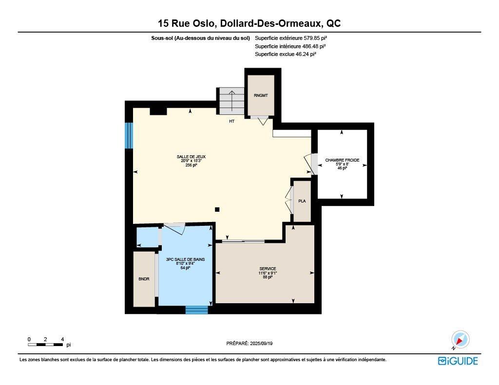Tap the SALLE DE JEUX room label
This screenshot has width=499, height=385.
click(191, 157)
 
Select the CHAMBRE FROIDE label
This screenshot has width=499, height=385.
click(342, 160)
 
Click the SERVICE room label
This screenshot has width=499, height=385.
click(268, 269)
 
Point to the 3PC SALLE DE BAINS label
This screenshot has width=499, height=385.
click(185, 260)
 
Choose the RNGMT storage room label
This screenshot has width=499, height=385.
click(261, 95)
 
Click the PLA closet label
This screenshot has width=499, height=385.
click(302, 201)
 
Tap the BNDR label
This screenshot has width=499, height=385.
click(144, 279)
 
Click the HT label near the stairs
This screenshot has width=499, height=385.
click(232, 121)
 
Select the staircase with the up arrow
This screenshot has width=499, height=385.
click(231, 100)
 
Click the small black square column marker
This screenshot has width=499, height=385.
click(217, 209)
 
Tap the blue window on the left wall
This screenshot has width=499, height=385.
click(129, 135)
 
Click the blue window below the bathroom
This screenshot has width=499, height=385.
click(196, 310)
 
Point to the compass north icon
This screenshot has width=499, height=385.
click(460, 340)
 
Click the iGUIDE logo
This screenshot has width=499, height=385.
click(458, 361)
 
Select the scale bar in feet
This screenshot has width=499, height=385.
click(45, 345)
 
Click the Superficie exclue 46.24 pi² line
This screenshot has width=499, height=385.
click(286, 55)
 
